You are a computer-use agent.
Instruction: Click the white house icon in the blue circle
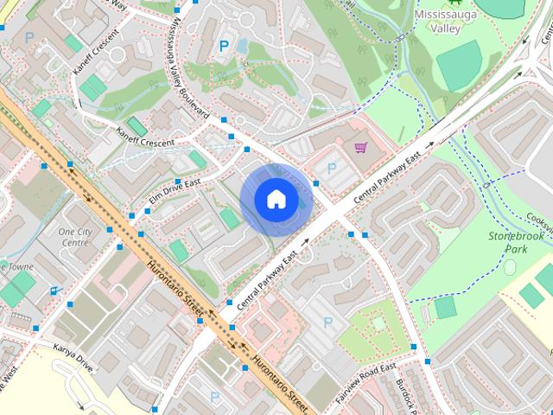pos(276,199)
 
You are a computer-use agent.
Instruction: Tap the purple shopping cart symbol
pos(361,147)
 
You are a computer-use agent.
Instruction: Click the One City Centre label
pos(73,238)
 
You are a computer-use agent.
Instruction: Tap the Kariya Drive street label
pos(72,357)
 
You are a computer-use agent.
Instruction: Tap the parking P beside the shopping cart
pos(331,168)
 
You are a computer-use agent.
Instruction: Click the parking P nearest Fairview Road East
pos(327,322)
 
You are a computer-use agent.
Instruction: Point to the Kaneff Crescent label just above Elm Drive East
pos(145,137)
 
